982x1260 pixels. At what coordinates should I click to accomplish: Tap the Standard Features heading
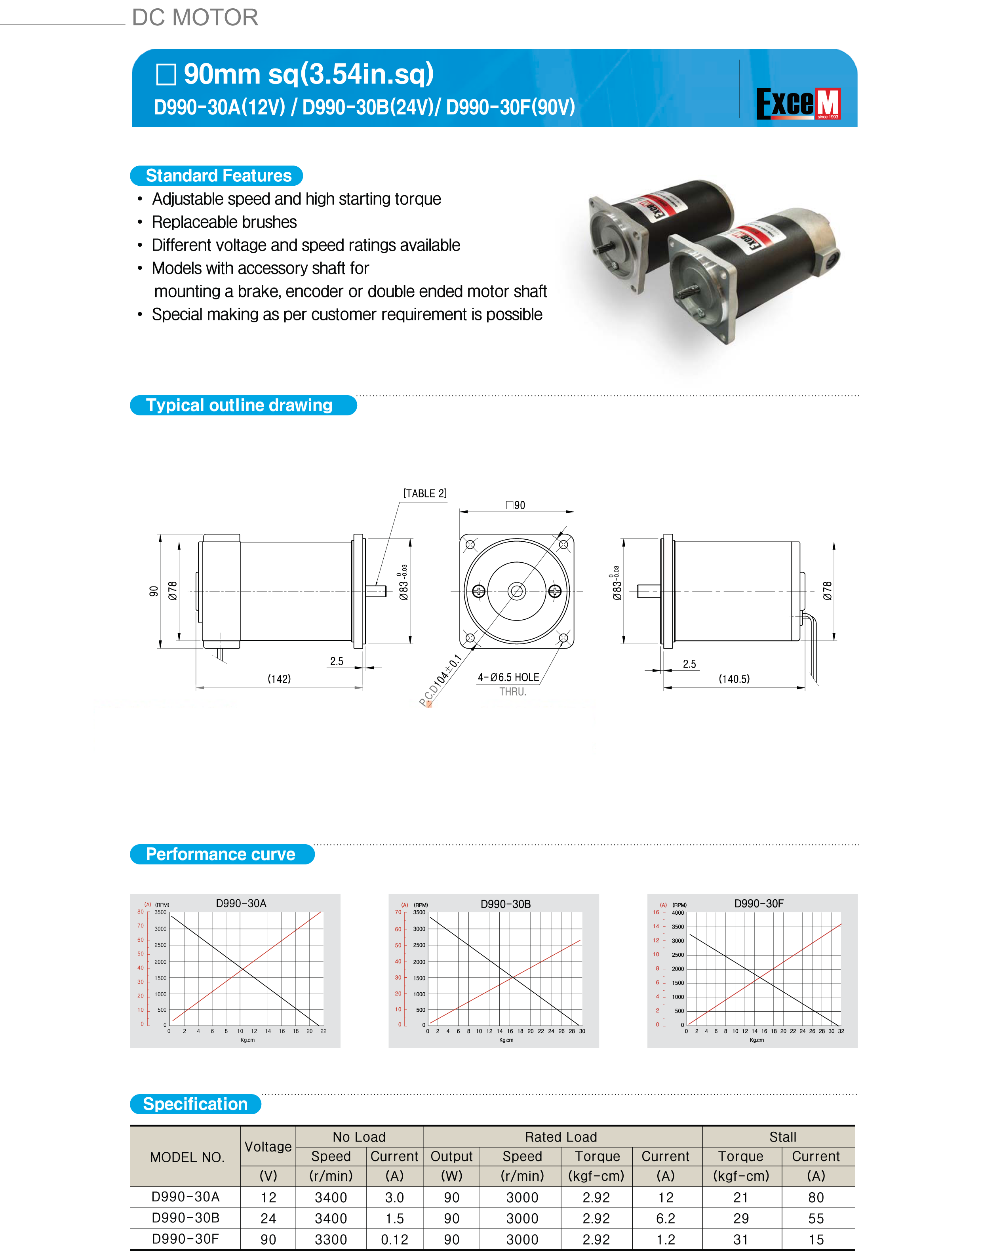pyautogui.click(x=218, y=175)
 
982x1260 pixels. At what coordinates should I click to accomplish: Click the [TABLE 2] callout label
pyautogui.click(x=424, y=493)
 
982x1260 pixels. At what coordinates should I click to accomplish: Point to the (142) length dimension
pyautogui.click(x=279, y=679)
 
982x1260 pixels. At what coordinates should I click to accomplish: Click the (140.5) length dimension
pyautogui.click(x=734, y=679)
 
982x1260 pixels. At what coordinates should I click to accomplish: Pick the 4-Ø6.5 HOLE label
pyautogui.click(x=508, y=677)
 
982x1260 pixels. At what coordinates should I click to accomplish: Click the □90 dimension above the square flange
pyautogui.click(x=516, y=505)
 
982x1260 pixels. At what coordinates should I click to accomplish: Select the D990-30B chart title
pyautogui.click(x=505, y=904)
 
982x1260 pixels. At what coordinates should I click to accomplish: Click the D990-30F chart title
pyautogui.click(x=759, y=904)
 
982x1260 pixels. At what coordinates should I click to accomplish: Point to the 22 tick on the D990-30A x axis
pyautogui.click(x=323, y=1031)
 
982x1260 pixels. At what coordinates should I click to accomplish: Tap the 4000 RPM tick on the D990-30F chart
pyautogui.click(x=678, y=913)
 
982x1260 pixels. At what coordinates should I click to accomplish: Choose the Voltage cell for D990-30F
pyautogui.click(x=268, y=1239)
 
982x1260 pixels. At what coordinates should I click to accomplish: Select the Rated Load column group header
pyautogui.click(x=561, y=1137)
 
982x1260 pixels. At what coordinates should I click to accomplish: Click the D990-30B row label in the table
pyautogui.click(x=185, y=1218)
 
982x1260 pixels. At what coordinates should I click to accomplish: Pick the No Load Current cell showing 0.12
pyautogui.click(x=395, y=1239)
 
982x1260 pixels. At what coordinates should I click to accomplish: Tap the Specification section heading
pyautogui.click(x=195, y=1104)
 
